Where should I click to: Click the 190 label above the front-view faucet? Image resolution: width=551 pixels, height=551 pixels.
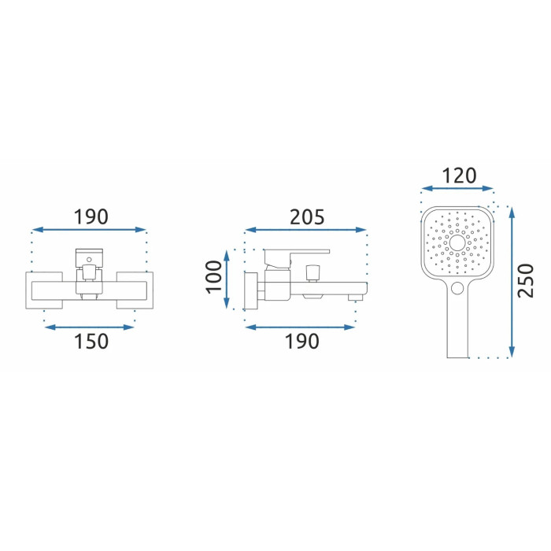pos(91,216)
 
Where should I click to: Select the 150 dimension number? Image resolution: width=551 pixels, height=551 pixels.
pos(91,341)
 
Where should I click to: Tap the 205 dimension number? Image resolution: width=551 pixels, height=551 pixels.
pos(307,216)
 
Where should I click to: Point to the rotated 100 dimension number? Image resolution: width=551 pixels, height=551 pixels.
pos(213,277)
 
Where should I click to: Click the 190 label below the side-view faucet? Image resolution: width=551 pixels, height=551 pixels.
pos(301,341)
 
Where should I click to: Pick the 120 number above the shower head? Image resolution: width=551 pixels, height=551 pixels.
pos(459,176)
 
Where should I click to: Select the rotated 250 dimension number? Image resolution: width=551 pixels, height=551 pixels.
pos(526,280)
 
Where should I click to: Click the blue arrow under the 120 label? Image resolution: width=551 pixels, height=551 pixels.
pos(457,189)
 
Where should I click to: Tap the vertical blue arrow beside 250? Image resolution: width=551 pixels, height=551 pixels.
pos(512,282)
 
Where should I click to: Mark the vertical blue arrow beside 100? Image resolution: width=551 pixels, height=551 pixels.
pos(227,279)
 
